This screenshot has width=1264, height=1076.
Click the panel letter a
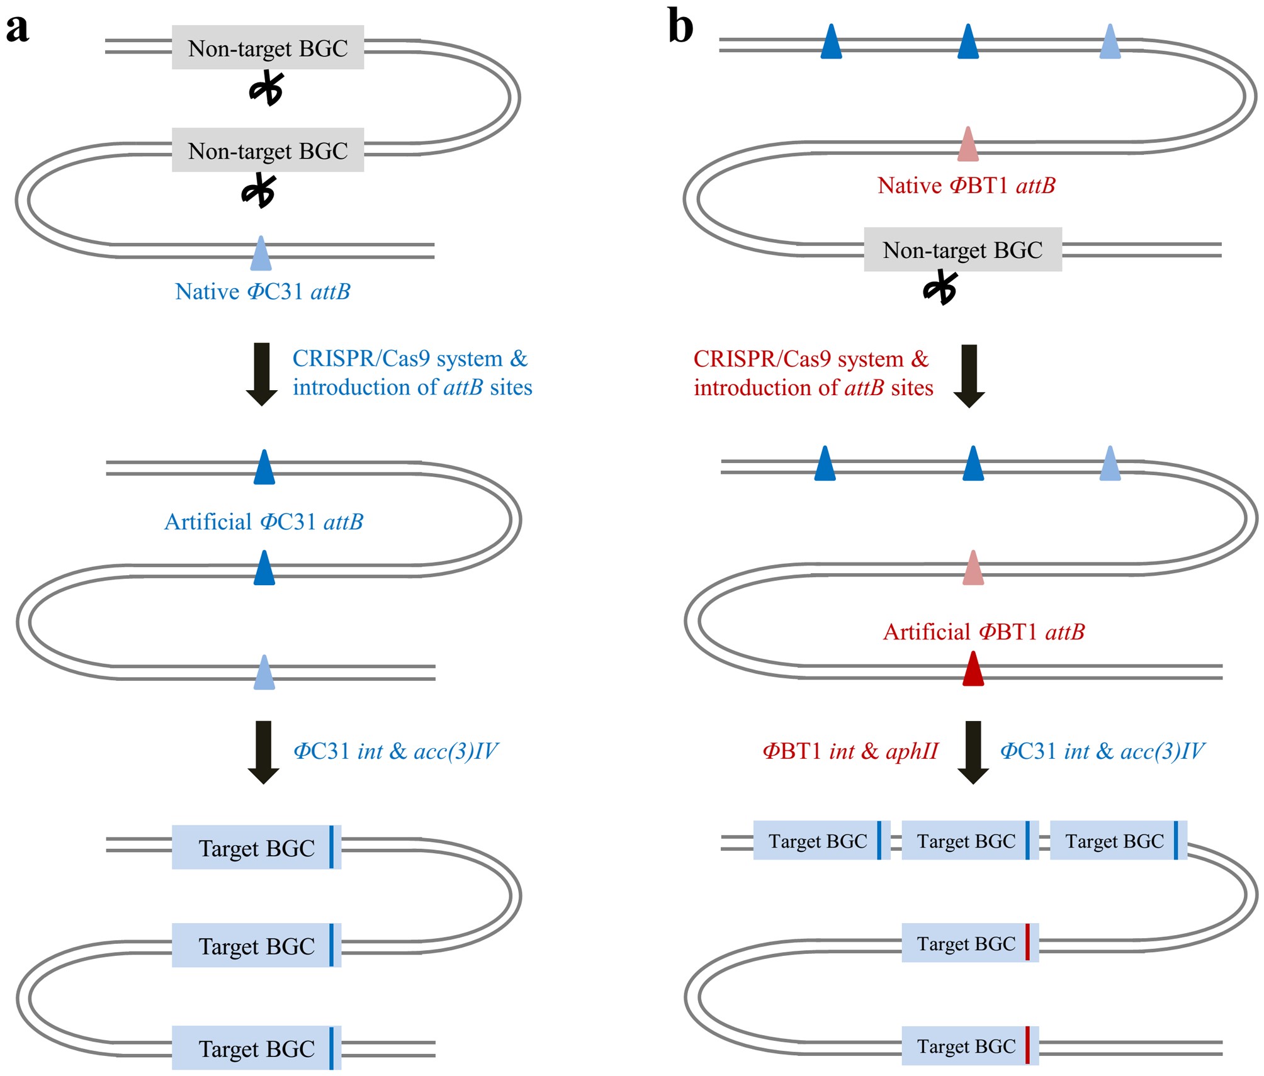click(x=18, y=29)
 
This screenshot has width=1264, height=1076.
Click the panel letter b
click(x=680, y=26)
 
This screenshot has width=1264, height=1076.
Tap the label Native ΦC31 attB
click(x=262, y=292)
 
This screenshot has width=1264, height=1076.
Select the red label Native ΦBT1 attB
click(x=966, y=186)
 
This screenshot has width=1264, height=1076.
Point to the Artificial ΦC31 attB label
click(x=264, y=522)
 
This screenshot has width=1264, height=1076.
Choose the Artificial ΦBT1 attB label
click(x=984, y=632)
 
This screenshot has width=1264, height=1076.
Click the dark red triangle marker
click(x=973, y=669)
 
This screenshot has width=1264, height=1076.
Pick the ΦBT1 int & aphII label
click(x=850, y=751)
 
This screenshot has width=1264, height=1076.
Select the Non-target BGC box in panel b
click(x=962, y=250)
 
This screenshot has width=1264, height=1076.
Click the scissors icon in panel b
click(x=940, y=288)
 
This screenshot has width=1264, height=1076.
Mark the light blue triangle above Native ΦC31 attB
click(x=261, y=254)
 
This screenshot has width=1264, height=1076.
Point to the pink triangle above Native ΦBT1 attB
click(x=968, y=144)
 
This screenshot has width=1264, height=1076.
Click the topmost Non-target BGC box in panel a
click(x=268, y=48)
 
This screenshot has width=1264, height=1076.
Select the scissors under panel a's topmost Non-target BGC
click(x=267, y=89)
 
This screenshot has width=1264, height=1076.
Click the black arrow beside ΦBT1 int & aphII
click(x=973, y=752)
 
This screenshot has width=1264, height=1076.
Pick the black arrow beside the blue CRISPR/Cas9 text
click(x=262, y=374)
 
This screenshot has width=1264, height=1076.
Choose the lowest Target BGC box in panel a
click(x=256, y=1048)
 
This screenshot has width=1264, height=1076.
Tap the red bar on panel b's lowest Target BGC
click(x=1027, y=1045)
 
